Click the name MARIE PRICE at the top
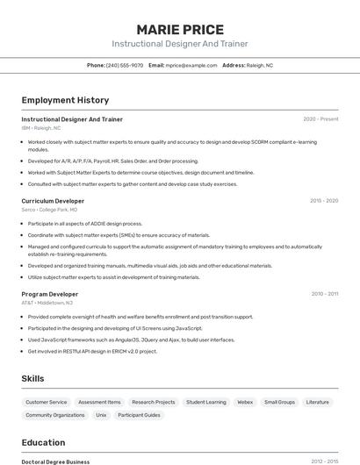click(x=180, y=30)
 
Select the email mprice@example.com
click(x=191, y=65)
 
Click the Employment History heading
click(x=65, y=100)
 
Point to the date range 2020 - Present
click(x=320, y=119)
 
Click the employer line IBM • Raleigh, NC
click(x=41, y=128)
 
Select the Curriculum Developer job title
click(x=53, y=201)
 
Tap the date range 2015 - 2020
click(x=323, y=201)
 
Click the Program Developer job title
click(x=50, y=294)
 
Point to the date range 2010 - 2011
click(x=324, y=294)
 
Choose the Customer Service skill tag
click(x=46, y=402)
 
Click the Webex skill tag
click(x=245, y=402)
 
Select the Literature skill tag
click(x=317, y=402)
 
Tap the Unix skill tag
click(x=101, y=415)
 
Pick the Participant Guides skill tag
click(x=139, y=415)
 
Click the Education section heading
click(x=43, y=442)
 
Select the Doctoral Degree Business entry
click(x=55, y=461)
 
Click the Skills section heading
click(x=33, y=378)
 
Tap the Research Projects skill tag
click(x=154, y=402)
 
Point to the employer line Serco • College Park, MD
click(x=49, y=210)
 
